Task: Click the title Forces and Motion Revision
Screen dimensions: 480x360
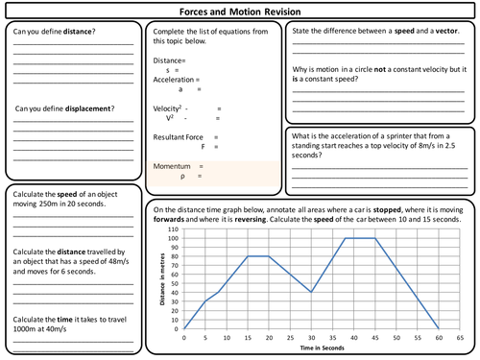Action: tap(239, 12)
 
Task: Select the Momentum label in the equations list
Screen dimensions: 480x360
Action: tap(176, 167)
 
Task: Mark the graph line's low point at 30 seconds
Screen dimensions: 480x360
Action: tap(311, 292)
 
